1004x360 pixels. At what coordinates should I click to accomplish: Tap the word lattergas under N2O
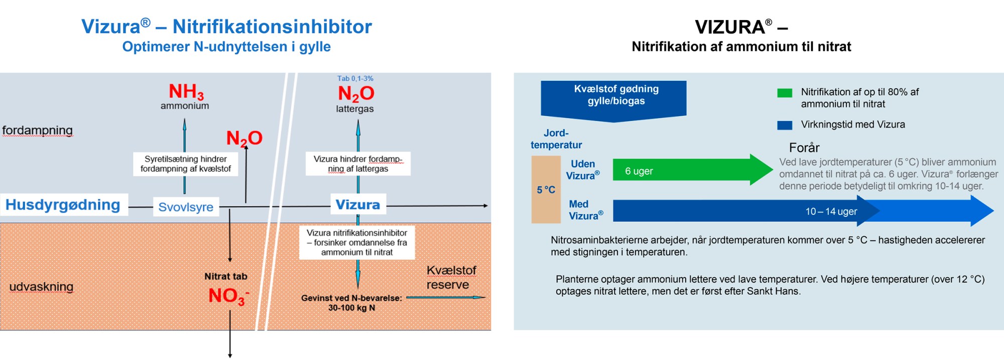pyautogui.click(x=355, y=109)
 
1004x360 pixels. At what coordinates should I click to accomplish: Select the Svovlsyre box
pyautogui.click(x=186, y=207)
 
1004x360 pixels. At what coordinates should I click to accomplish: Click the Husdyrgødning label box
pyautogui.click(x=63, y=205)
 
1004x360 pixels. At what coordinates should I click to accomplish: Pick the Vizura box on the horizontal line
pyautogui.click(x=358, y=205)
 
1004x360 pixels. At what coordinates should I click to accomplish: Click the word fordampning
pyautogui.click(x=38, y=131)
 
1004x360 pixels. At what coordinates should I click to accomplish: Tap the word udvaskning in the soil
pyautogui.click(x=41, y=287)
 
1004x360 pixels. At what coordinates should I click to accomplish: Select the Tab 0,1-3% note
pyautogui.click(x=355, y=78)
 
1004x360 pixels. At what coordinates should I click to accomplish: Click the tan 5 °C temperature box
pyautogui.click(x=546, y=190)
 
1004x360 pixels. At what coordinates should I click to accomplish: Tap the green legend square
pyautogui.click(x=785, y=93)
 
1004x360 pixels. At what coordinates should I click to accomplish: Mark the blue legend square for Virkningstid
pyautogui.click(x=785, y=125)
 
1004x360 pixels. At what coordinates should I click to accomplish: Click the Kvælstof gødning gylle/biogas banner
pyautogui.click(x=613, y=98)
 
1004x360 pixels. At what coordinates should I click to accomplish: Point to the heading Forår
pyautogui.click(x=804, y=148)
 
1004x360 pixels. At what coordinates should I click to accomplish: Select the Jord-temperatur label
pyautogui.click(x=556, y=139)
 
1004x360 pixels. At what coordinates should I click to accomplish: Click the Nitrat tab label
pyautogui.click(x=226, y=277)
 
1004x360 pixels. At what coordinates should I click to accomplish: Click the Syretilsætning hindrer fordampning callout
pyautogui.click(x=185, y=164)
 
